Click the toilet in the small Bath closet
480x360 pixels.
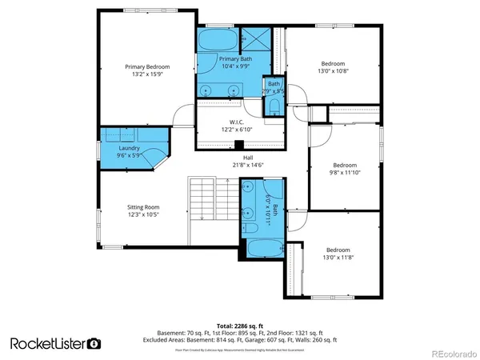274,105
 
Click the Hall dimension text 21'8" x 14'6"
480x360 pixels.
248,165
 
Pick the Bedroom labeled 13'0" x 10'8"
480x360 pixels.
333,67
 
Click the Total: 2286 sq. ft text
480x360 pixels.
240,326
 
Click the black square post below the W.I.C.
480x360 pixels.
238,146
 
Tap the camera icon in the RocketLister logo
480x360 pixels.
94,343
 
